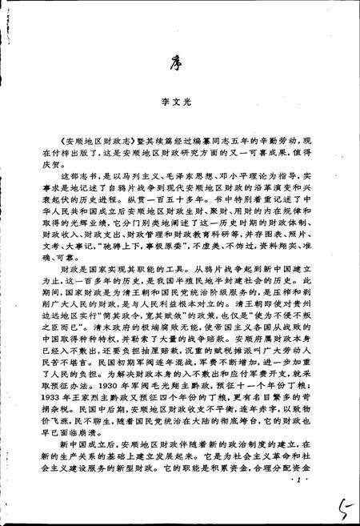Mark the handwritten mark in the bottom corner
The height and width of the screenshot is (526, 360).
click(x=342, y=502)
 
